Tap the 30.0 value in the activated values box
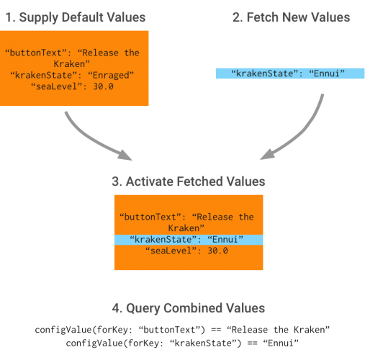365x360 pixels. click(214, 251)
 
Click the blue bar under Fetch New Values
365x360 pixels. click(291, 73)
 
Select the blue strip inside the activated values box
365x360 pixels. click(189, 239)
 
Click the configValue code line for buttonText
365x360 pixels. click(182, 330)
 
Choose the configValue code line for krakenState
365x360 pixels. click(182, 343)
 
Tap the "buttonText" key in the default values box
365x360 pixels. click(33, 53)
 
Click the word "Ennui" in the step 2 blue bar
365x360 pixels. click(329, 73)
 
